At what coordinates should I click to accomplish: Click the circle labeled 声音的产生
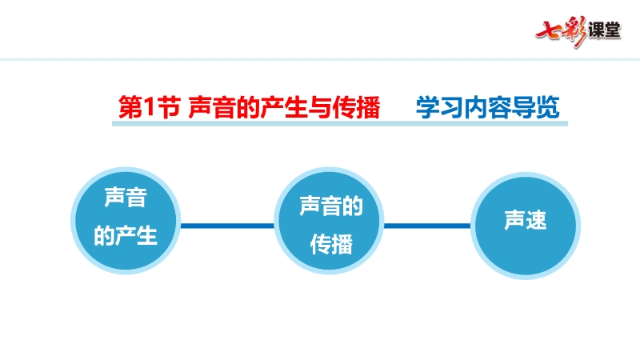point(126,221)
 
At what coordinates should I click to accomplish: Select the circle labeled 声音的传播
point(329,221)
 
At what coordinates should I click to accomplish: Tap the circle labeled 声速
point(526,226)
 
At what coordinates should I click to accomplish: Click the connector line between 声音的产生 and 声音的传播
point(227,226)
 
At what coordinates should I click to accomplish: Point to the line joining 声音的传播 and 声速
point(427,226)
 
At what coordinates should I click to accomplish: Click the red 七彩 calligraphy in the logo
point(562,31)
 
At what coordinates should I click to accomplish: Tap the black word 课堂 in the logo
point(605,30)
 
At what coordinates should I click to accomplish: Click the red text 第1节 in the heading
point(150,107)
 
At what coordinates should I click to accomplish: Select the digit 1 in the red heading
point(150,108)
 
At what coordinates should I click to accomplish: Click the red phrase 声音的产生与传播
point(285,107)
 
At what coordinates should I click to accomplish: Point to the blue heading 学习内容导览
point(488,107)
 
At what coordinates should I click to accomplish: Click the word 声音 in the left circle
point(126,198)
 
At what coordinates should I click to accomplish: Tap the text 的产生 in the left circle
point(126,235)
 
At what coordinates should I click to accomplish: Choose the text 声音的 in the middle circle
point(331,206)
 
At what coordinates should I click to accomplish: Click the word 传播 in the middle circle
point(331,245)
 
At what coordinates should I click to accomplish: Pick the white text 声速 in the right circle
point(526,221)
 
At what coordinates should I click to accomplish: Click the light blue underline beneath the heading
point(340,123)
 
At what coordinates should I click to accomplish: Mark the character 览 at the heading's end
point(548,107)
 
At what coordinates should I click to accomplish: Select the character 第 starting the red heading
point(130,107)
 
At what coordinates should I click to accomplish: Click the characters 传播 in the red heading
point(357,107)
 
